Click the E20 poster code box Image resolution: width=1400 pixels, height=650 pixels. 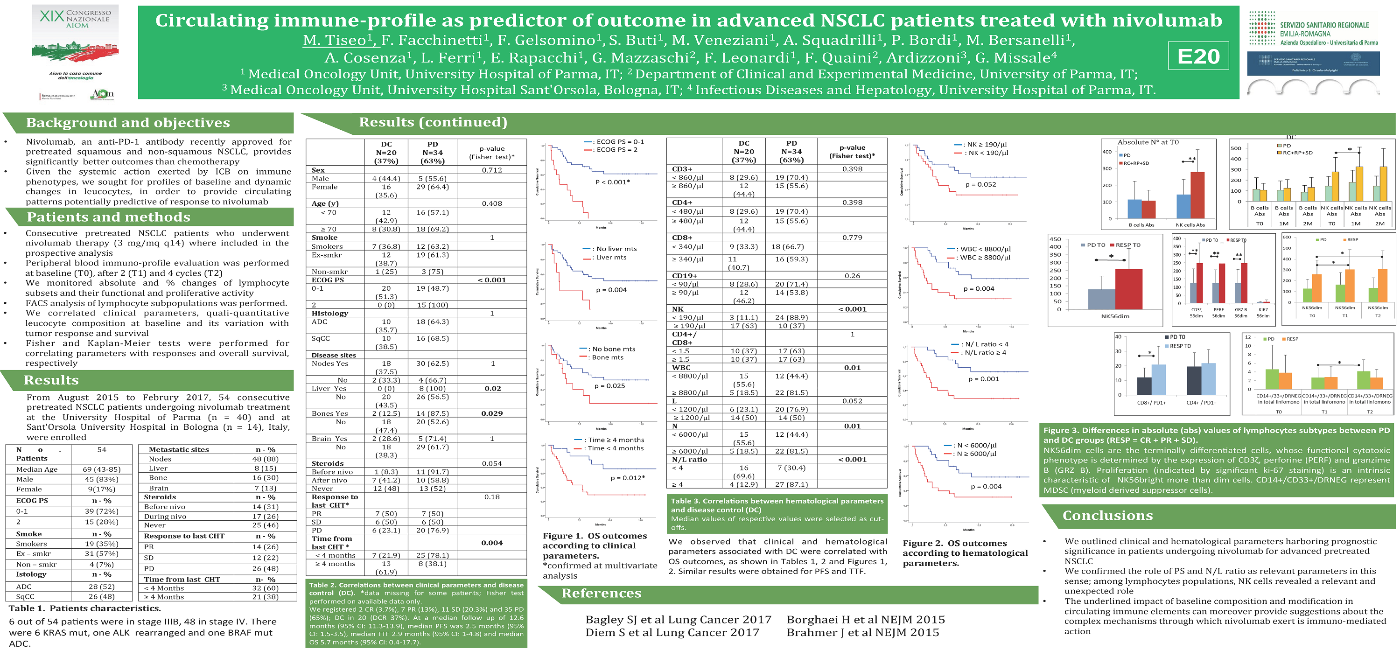coord(1198,56)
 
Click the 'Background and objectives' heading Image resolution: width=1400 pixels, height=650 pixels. coord(128,123)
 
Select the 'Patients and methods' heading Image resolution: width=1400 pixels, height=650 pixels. coord(108,217)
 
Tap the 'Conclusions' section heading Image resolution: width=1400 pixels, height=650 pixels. coord(1107,515)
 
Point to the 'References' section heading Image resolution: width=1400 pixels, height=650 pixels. coord(601,594)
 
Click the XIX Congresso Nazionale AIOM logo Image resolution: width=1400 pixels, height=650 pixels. coord(75,52)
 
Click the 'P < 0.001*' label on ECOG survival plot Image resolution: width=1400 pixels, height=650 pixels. coord(612,182)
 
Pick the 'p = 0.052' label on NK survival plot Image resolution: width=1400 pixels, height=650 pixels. coord(980,185)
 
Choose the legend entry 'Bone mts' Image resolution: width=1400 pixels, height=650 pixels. coord(608,357)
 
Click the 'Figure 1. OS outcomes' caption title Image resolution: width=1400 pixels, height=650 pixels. coord(595,536)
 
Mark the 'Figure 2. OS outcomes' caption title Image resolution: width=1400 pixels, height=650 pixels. coord(954,544)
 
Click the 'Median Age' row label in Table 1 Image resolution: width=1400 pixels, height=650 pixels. coord(37,469)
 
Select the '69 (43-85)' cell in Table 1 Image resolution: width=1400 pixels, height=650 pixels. coord(102,469)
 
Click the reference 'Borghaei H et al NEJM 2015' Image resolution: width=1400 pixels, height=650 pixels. coord(865,620)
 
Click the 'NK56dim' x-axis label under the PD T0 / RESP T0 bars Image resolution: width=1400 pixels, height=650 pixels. coord(1115,316)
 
